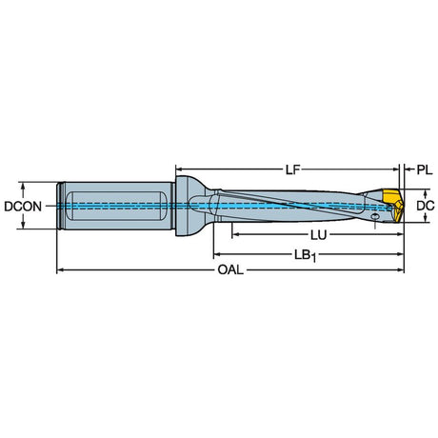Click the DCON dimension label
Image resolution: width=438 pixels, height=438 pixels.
click(x=23, y=207)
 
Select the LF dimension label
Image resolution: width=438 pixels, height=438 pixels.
click(x=292, y=170)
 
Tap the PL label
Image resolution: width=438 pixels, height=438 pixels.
click(x=425, y=170)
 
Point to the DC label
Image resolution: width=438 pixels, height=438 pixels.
click(x=426, y=206)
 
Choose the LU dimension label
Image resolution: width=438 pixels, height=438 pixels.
click(x=318, y=235)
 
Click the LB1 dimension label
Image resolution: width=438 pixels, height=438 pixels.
click(x=305, y=255)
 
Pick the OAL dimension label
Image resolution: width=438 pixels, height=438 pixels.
click(x=230, y=270)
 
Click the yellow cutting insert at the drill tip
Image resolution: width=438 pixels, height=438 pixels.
click(x=392, y=205)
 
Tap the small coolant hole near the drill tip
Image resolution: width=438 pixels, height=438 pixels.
click(x=375, y=216)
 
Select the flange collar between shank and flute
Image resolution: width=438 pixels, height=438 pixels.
click(x=184, y=206)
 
